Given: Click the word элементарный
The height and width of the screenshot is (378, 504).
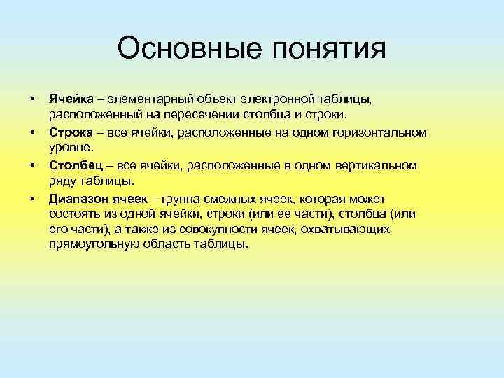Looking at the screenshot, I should pyautogui.click(x=149, y=98).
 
